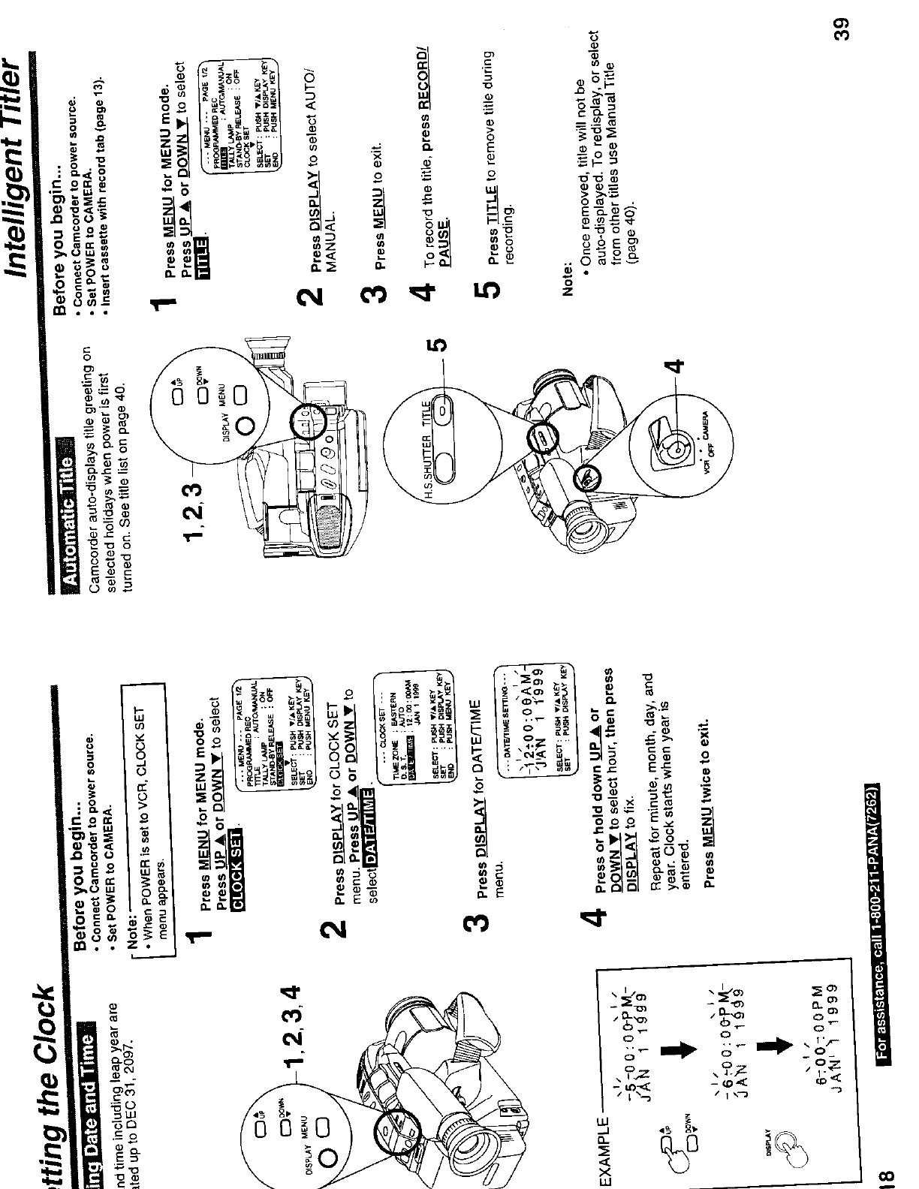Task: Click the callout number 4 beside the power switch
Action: click(x=675, y=367)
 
